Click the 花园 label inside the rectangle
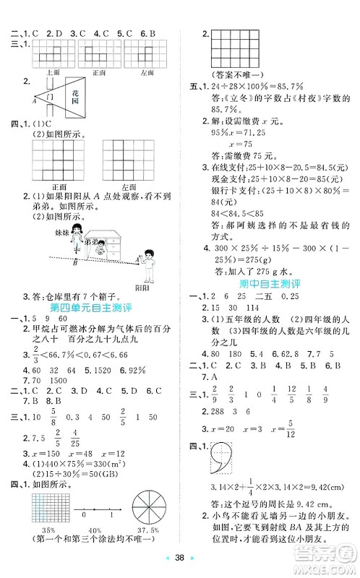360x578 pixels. tap(75, 97)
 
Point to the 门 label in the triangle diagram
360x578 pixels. tap(48, 97)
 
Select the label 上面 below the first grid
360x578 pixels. tap(51, 72)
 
